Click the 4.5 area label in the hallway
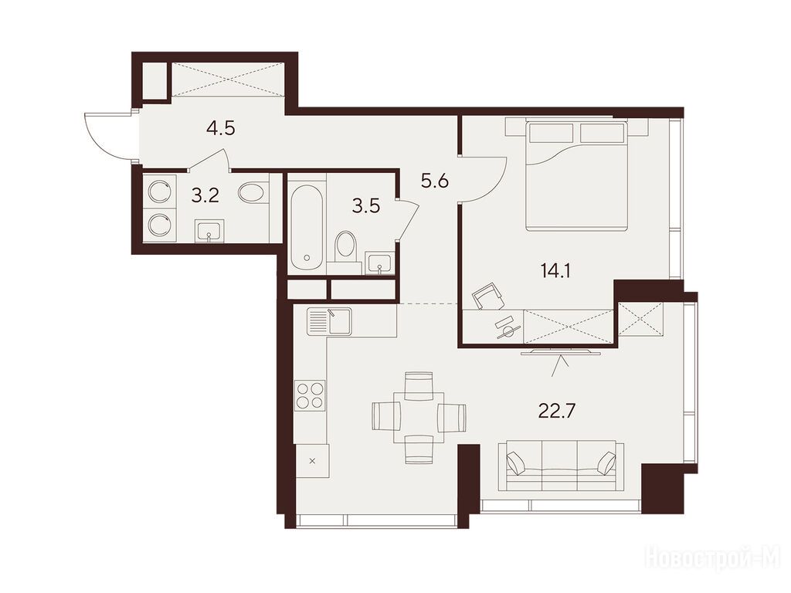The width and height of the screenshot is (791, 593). (x=221, y=129)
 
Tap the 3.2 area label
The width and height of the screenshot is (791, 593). (x=205, y=195)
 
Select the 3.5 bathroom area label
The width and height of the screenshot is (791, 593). (x=365, y=206)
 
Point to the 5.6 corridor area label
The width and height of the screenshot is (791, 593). (x=435, y=180)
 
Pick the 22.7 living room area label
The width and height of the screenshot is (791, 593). (x=557, y=412)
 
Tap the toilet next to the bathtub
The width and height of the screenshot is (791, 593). (x=345, y=246)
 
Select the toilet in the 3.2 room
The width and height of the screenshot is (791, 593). (x=253, y=192)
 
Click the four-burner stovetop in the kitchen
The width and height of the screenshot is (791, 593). (x=311, y=395)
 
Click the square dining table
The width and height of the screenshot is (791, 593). (x=419, y=418)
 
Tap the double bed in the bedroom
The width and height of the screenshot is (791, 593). (x=576, y=175)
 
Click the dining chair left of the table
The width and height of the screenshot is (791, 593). (x=386, y=418)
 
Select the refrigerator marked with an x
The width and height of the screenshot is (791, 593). (x=312, y=461)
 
